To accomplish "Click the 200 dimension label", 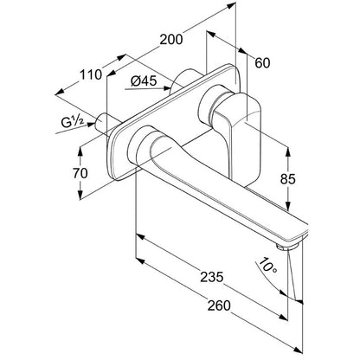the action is [x=171, y=39].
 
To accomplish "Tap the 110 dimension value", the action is [x=91, y=75].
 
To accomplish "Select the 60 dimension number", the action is [x=262, y=63].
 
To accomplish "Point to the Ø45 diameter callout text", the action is [x=144, y=81].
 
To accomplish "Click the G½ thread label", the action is [x=73, y=122].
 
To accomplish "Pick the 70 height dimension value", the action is [x=80, y=173].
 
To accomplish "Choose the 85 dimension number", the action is [x=288, y=179].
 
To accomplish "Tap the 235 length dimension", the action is [x=212, y=277].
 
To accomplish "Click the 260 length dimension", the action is [x=219, y=305].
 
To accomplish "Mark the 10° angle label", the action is [x=267, y=266].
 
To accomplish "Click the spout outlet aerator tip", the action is [x=287, y=247].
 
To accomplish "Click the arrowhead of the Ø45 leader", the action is [x=167, y=88].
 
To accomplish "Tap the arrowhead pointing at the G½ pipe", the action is [x=92, y=125].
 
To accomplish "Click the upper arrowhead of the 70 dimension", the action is [x=80, y=151].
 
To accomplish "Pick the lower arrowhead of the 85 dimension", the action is [x=287, y=205].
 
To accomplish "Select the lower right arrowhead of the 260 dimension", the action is [x=299, y=350].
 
